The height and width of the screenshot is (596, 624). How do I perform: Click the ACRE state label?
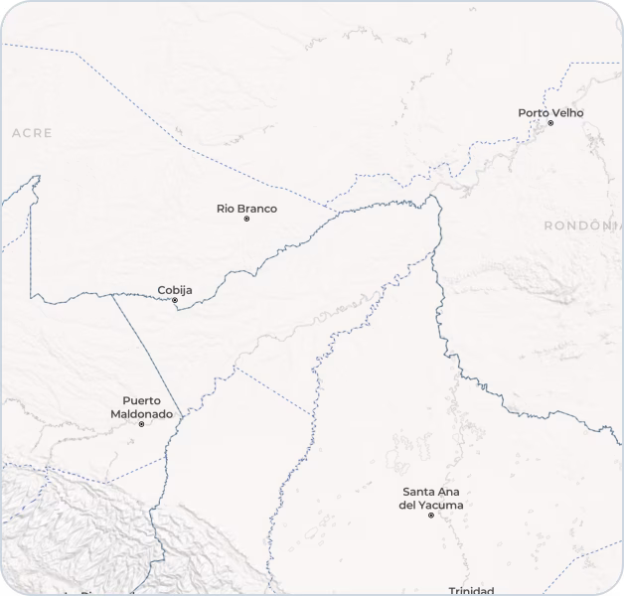(x=32, y=132)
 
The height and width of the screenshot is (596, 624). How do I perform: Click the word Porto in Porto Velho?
(x=534, y=113)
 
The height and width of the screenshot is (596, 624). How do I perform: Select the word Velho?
(x=567, y=113)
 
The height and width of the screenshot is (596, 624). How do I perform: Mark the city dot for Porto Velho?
(x=550, y=123)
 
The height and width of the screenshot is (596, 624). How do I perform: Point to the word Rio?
(x=226, y=209)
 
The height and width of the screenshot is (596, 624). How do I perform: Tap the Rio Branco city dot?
(x=246, y=219)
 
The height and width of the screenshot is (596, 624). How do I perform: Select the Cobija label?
(x=175, y=290)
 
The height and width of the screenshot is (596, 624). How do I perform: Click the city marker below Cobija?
(x=175, y=300)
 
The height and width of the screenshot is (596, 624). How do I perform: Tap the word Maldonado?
(x=141, y=413)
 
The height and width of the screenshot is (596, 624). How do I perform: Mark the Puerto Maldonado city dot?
(x=141, y=424)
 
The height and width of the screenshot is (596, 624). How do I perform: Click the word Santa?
(x=419, y=492)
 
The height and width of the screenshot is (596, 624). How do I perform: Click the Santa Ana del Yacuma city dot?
(x=430, y=516)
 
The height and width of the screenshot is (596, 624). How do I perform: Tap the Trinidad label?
(x=471, y=591)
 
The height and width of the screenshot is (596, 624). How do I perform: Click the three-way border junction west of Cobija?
(x=111, y=294)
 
